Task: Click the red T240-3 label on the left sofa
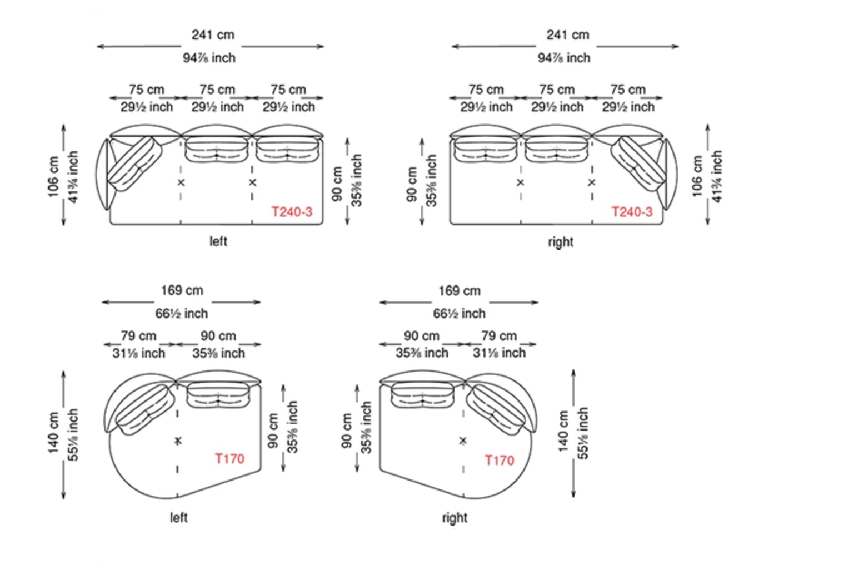pos(292,212)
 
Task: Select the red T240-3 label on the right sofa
pos(632,212)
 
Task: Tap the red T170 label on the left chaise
pos(229,458)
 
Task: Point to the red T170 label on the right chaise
pos(500,461)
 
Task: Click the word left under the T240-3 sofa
pos(218,241)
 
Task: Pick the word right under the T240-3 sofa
pos(561,242)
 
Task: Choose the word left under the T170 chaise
pos(178,517)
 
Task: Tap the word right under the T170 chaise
pos(455,518)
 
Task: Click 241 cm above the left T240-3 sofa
pos(213,35)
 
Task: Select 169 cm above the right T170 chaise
pos(460,291)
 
